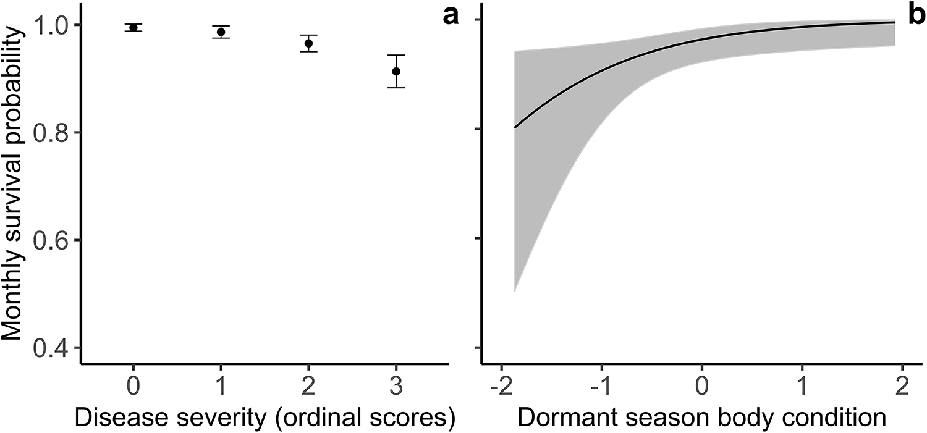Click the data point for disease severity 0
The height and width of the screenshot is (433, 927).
tap(133, 27)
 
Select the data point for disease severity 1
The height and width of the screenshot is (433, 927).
tap(221, 32)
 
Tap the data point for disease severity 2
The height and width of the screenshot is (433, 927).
tap(308, 43)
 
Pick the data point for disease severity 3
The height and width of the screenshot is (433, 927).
tap(396, 72)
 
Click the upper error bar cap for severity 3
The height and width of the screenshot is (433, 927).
tap(396, 55)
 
